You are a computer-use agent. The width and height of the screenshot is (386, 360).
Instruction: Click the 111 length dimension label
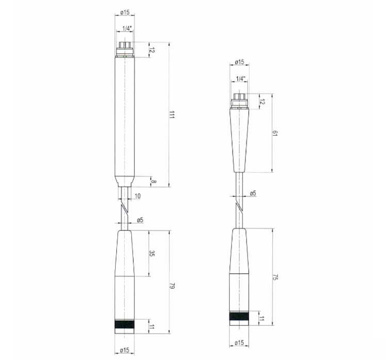coord(172,115)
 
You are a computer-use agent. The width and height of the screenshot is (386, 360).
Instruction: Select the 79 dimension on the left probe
coord(172,286)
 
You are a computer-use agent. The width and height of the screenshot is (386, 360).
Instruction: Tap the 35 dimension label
coord(152,254)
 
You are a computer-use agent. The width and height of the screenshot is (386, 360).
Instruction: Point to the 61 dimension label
coord(275,133)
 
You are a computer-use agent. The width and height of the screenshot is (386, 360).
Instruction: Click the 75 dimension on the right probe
coord(276,277)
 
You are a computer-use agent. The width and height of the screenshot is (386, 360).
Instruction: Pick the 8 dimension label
coord(153,182)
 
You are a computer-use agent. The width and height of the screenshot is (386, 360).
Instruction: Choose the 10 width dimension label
coord(137,196)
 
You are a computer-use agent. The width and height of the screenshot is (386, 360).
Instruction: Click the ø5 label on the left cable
coord(140,220)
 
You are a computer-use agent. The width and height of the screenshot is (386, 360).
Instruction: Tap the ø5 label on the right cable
coord(253,193)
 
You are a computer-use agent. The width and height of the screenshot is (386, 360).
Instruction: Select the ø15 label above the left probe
coord(125,12)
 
